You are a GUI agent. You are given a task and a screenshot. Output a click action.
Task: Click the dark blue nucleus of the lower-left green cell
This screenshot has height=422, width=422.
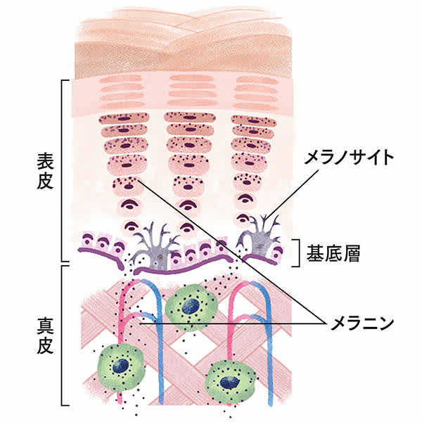[x=121, y=365]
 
